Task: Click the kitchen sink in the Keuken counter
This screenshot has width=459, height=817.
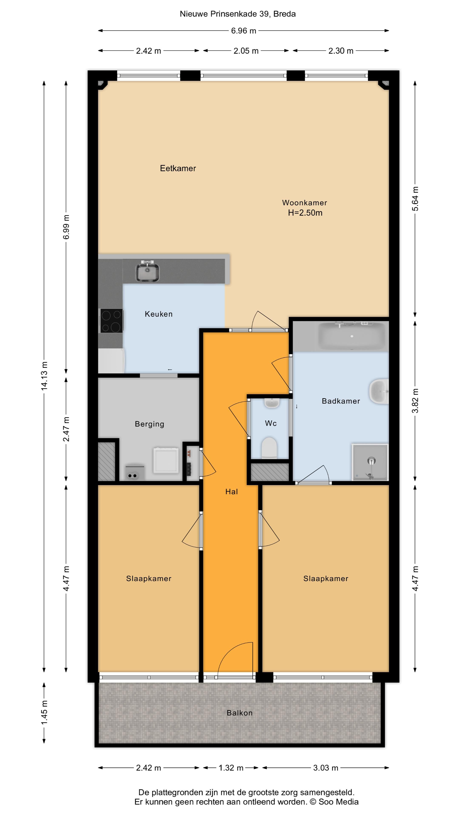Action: tap(148, 271)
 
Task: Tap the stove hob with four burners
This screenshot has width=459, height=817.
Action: tap(112, 321)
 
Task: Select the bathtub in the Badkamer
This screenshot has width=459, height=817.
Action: tap(352, 336)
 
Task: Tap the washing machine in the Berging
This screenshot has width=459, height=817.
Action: tap(166, 460)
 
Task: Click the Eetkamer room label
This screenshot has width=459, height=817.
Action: tap(178, 169)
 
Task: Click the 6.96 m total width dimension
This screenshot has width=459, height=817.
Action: tap(244, 31)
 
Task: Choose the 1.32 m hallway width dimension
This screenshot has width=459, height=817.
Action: tap(231, 768)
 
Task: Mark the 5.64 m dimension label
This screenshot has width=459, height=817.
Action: tap(415, 199)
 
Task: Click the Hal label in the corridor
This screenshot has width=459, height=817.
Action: tap(232, 492)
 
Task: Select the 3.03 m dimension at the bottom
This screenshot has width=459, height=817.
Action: tap(326, 768)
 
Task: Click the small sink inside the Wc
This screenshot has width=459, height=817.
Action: tap(272, 403)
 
